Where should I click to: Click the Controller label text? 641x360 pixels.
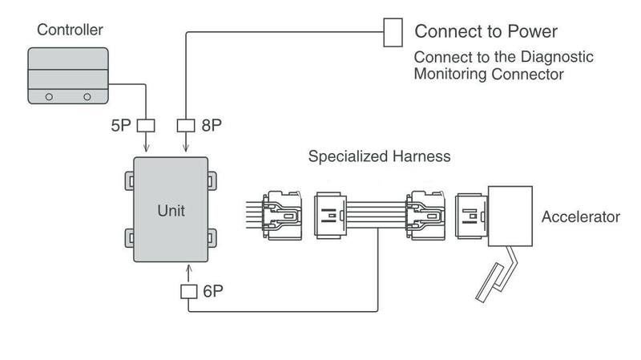tap(70, 30)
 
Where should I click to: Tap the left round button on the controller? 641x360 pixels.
tap(50, 95)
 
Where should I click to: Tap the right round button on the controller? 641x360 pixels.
tap(87, 95)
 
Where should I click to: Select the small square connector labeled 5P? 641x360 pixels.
tap(147, 125)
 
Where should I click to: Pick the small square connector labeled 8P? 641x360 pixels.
tap(186, 125)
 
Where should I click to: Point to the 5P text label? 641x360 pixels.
tap(125, 126)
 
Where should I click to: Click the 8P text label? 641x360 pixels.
tap(212, 126)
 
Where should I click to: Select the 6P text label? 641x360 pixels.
tap(212, 291)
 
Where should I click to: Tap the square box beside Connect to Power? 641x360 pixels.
tap(393, 32)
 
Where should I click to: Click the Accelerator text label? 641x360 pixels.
tap(581, 217)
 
